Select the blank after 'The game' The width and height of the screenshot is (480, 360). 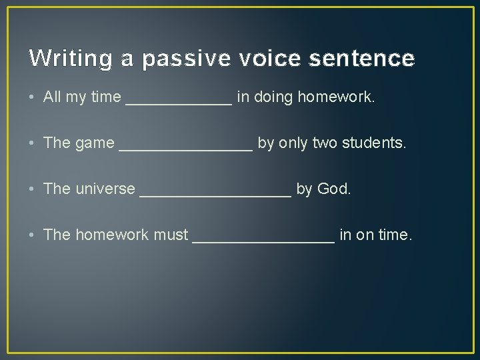[185, 145]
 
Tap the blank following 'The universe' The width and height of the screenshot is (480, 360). [215, 191]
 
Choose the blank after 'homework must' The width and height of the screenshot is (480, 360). [263, 237]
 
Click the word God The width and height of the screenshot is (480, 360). [333, 189]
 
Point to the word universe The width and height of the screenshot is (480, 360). [105, 189]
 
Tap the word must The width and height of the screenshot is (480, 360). [171, 235]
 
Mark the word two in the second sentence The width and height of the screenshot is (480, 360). [325, 143]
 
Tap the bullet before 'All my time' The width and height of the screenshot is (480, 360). [33, 98]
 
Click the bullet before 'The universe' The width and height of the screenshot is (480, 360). [33, 189]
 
